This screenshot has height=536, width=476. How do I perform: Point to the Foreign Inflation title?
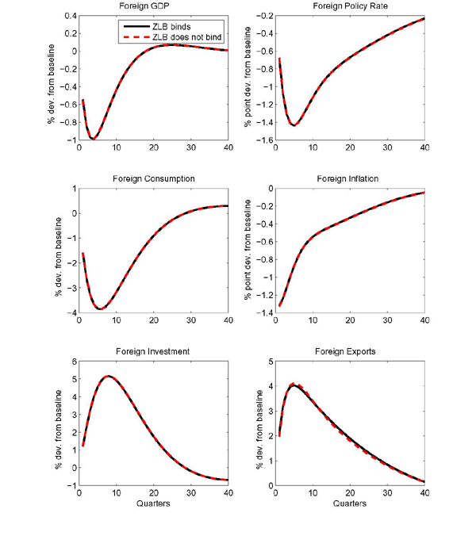[349, 179]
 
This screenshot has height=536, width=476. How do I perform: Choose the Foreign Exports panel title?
[349, 352]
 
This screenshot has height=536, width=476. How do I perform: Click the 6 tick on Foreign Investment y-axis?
[71, 361]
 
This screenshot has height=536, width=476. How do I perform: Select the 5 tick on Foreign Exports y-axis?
[267, 361]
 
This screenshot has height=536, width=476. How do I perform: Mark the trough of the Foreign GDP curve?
[93, 139]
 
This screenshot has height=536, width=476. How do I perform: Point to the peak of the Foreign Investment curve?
[109, 376]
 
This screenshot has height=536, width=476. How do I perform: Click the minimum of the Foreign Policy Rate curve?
[294, 125]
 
